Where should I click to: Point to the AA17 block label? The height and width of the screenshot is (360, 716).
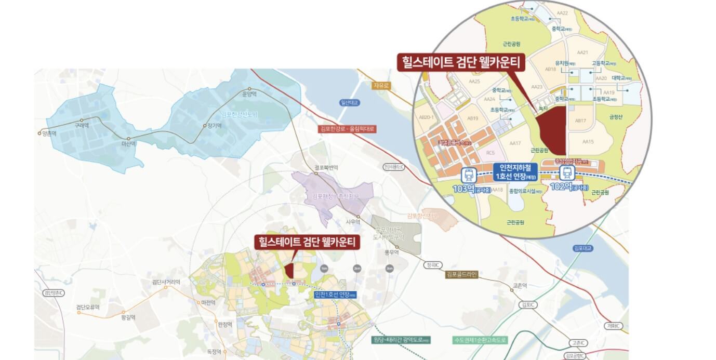coord(515,143)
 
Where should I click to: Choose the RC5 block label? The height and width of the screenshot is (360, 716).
coord(490,153)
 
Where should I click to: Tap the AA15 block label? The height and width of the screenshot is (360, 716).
coord(588,142)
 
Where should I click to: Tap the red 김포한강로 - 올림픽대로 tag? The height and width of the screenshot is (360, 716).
coord(347,128)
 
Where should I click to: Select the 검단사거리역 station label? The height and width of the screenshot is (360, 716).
coord(166,282)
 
